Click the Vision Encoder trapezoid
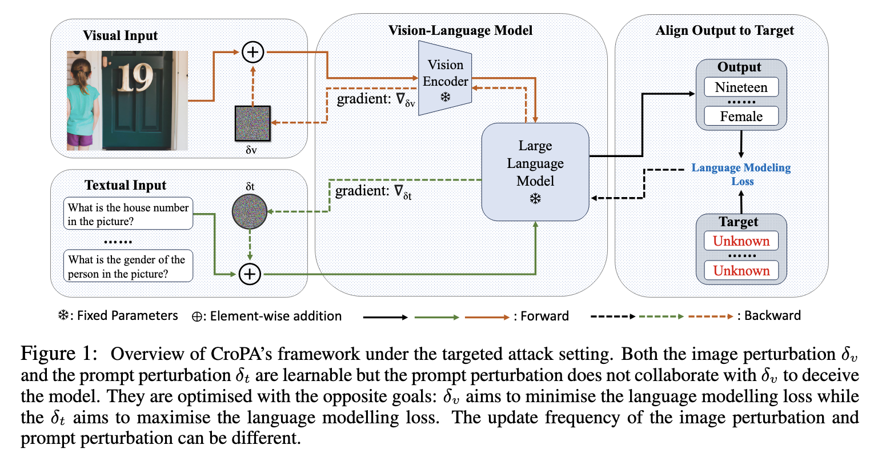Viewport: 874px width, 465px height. [445, 78]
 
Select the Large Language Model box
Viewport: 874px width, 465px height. [535, 171]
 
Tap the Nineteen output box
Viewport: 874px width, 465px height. [741, 87]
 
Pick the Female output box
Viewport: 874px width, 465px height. [741, 117]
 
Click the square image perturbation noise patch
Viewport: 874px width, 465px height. [252, 123]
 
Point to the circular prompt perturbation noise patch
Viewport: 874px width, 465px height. [250, 211]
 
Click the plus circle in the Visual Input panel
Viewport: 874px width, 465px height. [252, 52]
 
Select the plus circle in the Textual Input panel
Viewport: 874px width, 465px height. [250, 274]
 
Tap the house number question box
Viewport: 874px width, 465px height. [128, 214]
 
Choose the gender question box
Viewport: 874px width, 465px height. [128, 266]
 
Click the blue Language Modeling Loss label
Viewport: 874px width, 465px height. [741, 174]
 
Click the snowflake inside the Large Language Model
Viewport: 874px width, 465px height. [535, 199]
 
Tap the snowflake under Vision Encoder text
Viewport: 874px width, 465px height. [446, 97]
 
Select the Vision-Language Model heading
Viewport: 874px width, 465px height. [460, 30]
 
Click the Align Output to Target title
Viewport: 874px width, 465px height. [724, 30]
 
